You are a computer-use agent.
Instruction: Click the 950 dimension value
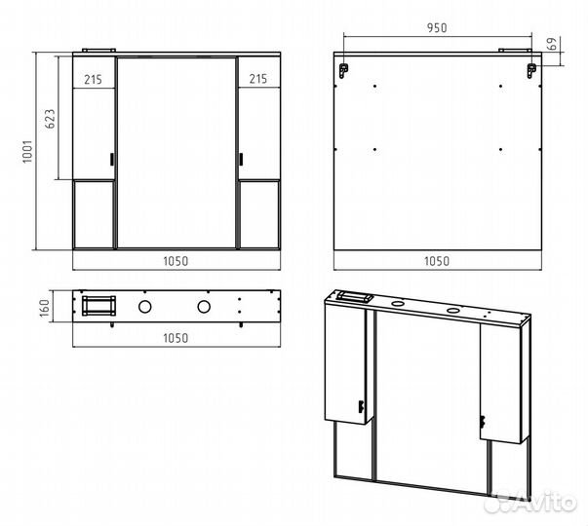coord(437,27)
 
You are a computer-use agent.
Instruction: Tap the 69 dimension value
coord(552,45)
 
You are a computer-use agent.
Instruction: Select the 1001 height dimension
coord(27,151)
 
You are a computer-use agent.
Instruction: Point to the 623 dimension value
coord(50,119)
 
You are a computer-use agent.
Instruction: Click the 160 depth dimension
coord(45,308)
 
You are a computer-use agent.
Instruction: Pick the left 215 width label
coord(93,80)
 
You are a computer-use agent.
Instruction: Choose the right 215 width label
coord(258,79)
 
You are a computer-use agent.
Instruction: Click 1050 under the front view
coord(176,261)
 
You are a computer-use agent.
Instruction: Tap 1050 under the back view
coord(437,261)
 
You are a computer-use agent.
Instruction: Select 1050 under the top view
coord(176,338)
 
